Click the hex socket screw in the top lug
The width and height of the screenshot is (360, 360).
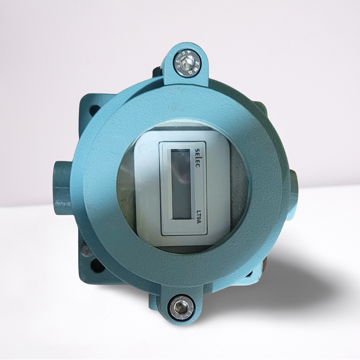click(x=186, y=63)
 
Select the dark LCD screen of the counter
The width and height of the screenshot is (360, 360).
click(x=181, y=184)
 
